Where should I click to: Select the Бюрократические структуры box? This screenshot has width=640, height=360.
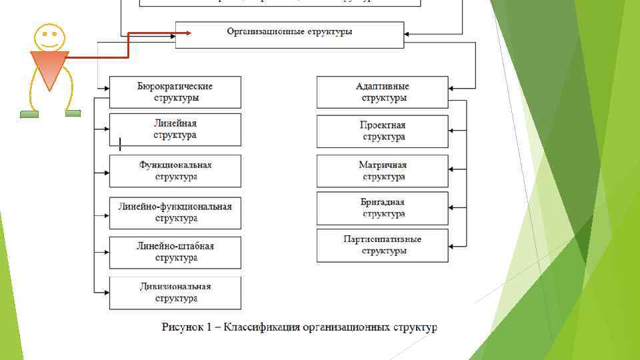[175, 92]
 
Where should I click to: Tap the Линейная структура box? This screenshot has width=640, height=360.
[175, 129]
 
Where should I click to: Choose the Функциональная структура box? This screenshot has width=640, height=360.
[175, 171]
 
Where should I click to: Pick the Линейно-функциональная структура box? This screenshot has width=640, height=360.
[175, 213]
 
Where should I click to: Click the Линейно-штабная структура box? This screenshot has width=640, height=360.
[175, 252]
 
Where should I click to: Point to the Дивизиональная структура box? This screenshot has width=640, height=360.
[175, 293]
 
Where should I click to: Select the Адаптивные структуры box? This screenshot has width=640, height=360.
[383, 92]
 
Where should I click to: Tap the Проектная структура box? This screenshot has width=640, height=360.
[383, 131]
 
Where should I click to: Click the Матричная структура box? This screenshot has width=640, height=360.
[383, 171]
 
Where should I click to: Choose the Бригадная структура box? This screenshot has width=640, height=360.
[383, 208]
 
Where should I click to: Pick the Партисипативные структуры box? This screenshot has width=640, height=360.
[383, 245]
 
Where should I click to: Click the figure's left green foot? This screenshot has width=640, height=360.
[29, 114]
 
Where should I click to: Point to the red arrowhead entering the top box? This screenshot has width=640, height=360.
[188, 32]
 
